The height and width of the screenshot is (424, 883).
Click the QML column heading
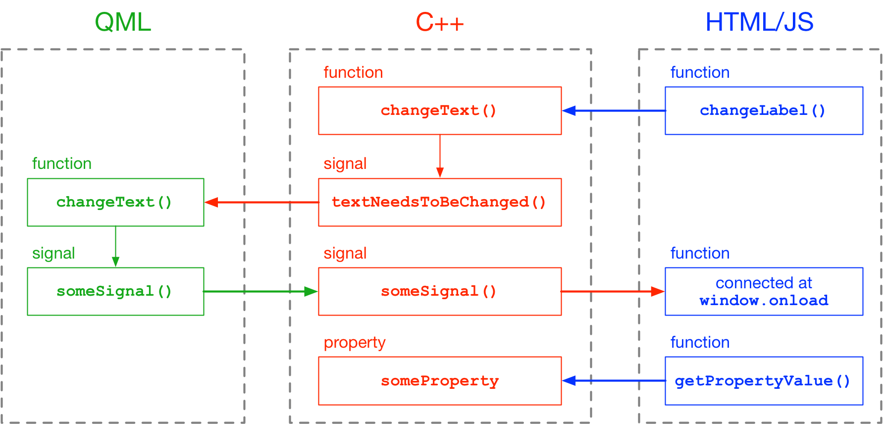pos(122,22)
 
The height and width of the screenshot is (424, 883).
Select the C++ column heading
pos(439,22)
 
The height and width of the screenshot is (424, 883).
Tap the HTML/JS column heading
pos(759,22)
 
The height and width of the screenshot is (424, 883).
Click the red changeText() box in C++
pos(439,110)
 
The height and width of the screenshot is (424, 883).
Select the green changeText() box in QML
pos(115,202)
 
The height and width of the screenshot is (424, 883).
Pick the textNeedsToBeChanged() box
pos(439,202)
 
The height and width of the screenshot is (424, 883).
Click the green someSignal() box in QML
pos(115,291)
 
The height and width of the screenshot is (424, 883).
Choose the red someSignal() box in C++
pos(439,291)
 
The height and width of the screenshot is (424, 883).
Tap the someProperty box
pos(439,381)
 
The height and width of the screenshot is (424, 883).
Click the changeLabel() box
pos(763,110)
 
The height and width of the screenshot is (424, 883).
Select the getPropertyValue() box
pos(763,381)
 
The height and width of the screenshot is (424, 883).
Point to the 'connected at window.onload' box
pos(763,291)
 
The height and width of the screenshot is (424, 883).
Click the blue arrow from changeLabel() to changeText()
pos(614,110)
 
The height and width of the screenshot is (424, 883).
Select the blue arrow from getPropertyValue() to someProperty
pos(614,381)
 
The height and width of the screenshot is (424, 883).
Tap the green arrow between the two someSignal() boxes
pos(260,291)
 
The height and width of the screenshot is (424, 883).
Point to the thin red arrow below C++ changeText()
pos(440,156)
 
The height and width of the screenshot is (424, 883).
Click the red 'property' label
pos(355,343)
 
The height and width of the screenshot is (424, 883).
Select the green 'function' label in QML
pos(62,163)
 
